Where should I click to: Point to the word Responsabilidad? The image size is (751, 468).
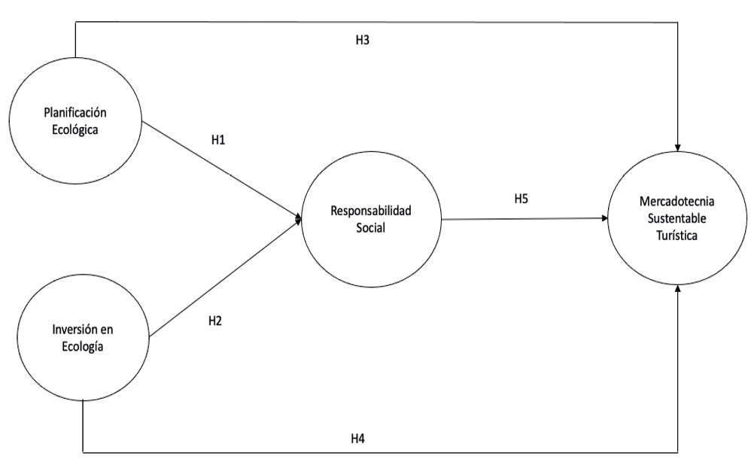click(372, 212)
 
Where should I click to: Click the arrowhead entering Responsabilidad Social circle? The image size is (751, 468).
click(299, 220)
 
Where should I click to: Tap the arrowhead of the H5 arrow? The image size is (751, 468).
click(607, 219)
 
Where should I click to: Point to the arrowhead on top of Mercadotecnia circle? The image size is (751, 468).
click(679, 145)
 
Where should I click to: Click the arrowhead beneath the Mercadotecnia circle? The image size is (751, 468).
click(679, 288)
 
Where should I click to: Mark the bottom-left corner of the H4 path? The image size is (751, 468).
click(81, 452)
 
